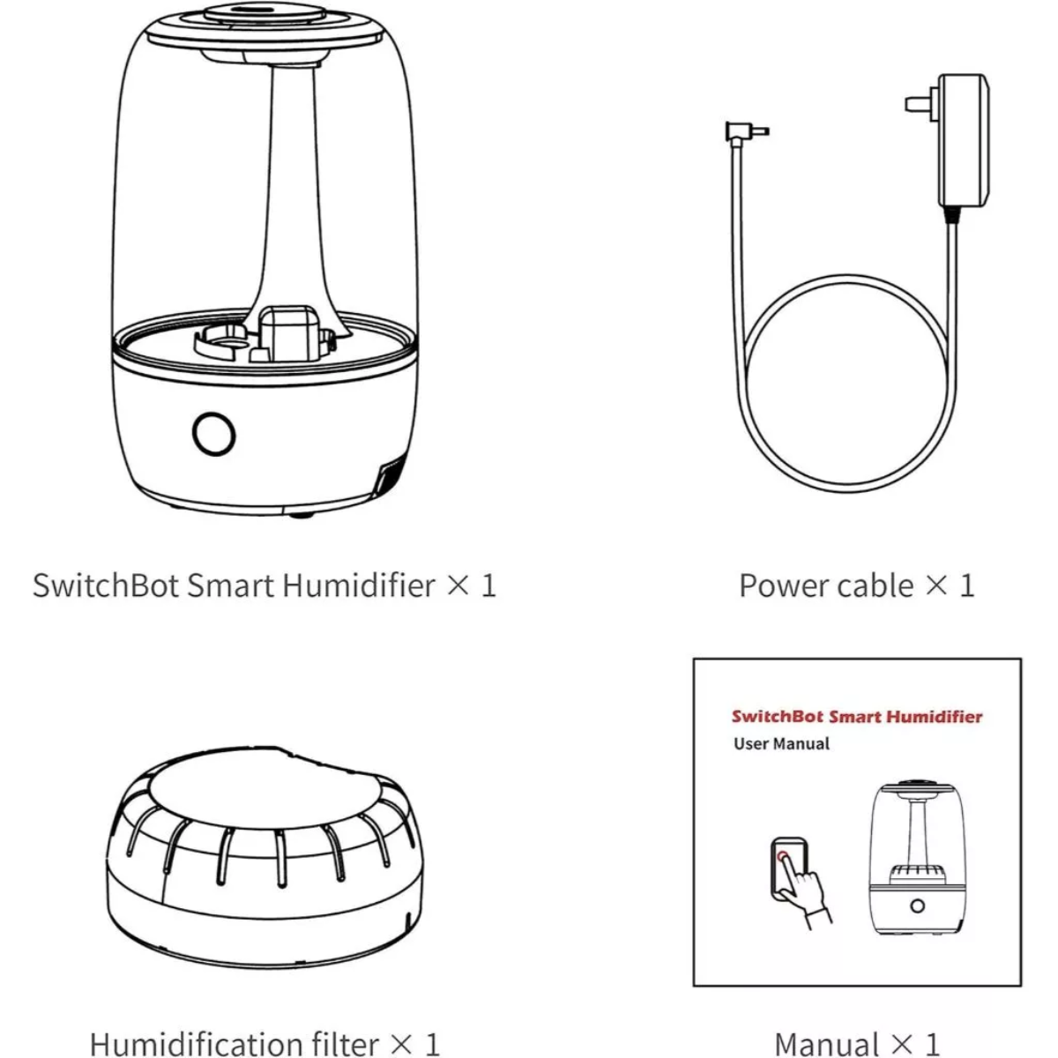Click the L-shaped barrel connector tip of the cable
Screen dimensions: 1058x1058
747,131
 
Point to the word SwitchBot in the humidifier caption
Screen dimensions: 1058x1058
106,585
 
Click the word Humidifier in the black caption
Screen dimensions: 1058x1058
359,585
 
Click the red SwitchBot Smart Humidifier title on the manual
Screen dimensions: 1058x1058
857,717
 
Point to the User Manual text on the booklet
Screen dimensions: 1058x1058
781,744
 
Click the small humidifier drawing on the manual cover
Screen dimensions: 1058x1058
917,858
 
